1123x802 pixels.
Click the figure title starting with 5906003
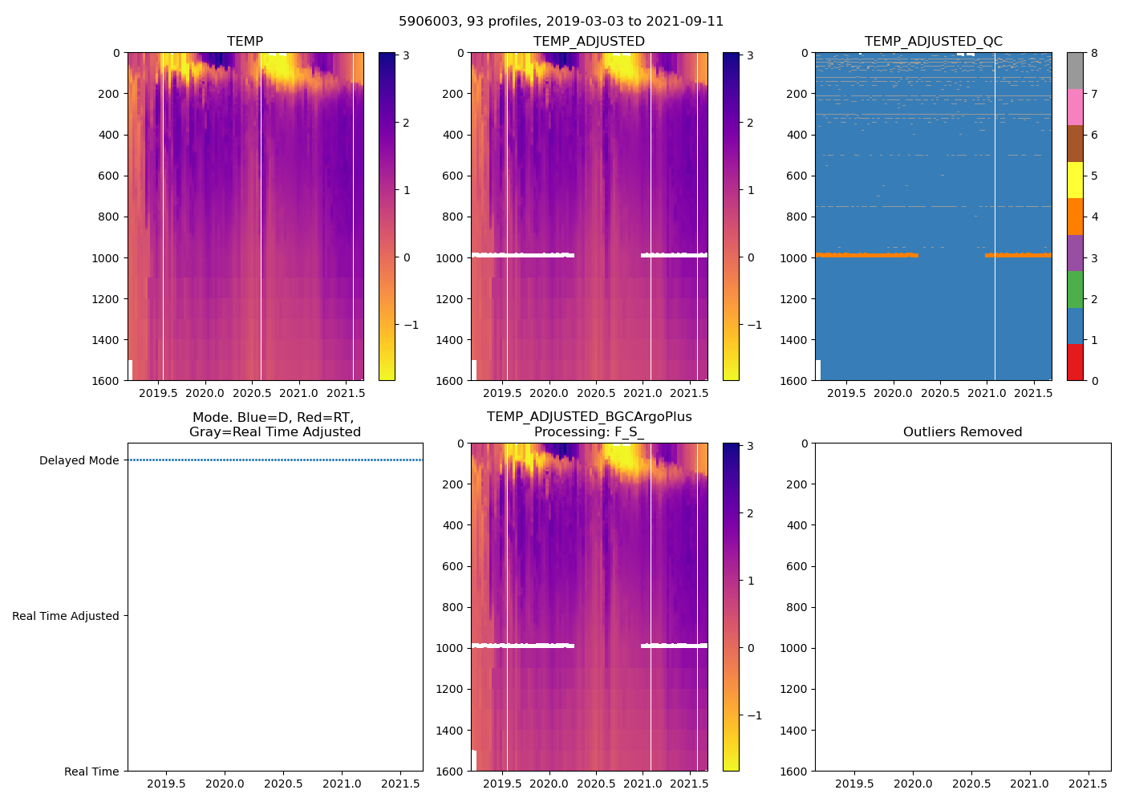[561, 22]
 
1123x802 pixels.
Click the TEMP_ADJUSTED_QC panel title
[933, 42]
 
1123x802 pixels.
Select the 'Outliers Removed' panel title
[963, 432]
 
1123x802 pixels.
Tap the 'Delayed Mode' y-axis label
[79, 460]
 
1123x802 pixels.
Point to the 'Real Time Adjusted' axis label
[66, 616]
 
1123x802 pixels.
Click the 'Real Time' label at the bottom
[91, 772]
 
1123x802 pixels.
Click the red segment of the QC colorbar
[1075, 362]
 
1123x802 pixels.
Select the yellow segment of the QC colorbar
[1075, 180]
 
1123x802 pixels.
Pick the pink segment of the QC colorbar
[1075, 107]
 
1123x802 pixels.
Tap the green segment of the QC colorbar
[1075, 289]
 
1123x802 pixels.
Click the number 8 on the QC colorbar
[1095, 53]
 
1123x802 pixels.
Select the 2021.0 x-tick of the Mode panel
[343, 784]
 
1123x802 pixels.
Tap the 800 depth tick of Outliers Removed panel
[795, 607]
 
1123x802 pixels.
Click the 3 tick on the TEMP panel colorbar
[407, 56]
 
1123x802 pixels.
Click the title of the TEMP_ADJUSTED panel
[589, 42]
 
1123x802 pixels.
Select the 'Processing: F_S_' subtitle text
[589, 432]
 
